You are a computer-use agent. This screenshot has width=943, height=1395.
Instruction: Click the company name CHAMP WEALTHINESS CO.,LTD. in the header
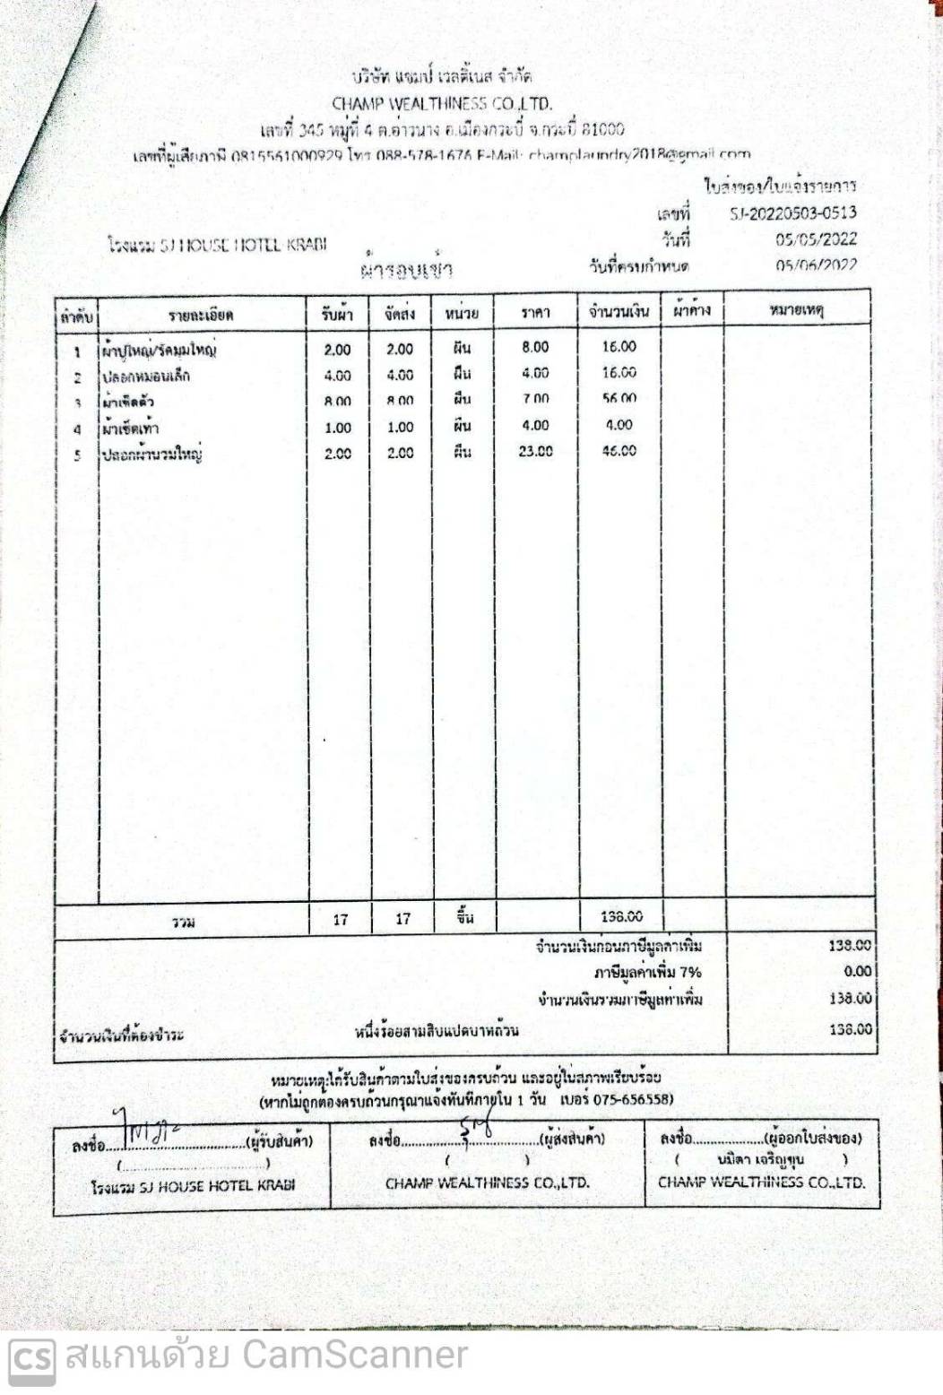(441, 104)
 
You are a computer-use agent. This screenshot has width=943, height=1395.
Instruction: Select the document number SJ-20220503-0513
(792, 213)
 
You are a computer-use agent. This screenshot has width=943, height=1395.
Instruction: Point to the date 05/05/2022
(816, 239)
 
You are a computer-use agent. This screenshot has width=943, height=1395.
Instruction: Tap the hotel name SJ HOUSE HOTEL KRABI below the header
(217, 245)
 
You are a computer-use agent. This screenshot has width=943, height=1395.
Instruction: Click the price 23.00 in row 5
(535, 452)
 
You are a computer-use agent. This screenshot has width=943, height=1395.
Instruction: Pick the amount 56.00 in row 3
(619, 399)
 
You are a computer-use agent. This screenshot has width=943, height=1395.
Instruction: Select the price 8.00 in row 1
(535, 347)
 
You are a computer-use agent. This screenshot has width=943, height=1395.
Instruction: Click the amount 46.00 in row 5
(619, 451)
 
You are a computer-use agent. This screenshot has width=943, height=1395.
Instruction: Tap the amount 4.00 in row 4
(619, 425)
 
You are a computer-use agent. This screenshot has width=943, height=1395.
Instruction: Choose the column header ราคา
(535, 313)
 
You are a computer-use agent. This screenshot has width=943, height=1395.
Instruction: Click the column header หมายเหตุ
(796, 310)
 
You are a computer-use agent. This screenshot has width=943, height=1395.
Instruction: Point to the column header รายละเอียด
(201, 315)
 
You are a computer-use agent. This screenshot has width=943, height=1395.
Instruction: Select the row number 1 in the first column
(77, 351)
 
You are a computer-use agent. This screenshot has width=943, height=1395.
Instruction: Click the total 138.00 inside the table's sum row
(622, 916)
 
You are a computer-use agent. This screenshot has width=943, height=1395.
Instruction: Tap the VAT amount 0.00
(857, 971)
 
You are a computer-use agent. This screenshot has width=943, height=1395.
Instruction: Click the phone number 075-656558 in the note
(634, 1099)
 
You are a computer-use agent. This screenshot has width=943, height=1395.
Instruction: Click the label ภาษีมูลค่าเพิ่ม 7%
(647, 973)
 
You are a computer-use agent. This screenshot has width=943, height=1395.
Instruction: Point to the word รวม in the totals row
(184, 922)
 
